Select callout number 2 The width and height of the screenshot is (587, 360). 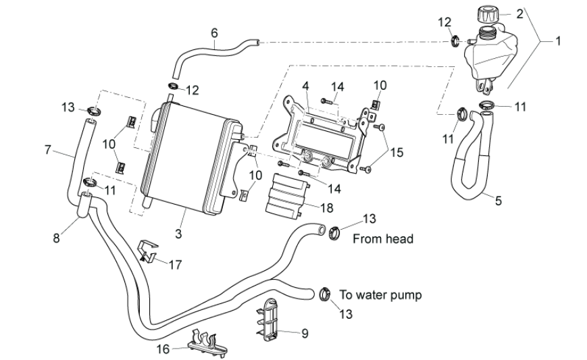point(519,13)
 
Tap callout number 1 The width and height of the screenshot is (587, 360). point(558,41)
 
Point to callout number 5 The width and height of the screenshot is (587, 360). point(498,200)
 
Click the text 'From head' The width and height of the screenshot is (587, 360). point(383,238)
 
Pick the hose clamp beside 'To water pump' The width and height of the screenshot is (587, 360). point(324,293)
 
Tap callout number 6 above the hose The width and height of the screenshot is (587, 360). point(214,32)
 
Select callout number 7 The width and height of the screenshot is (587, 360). point(48,149)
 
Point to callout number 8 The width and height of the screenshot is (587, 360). point(57,238)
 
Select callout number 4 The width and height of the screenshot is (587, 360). point(305,86)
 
